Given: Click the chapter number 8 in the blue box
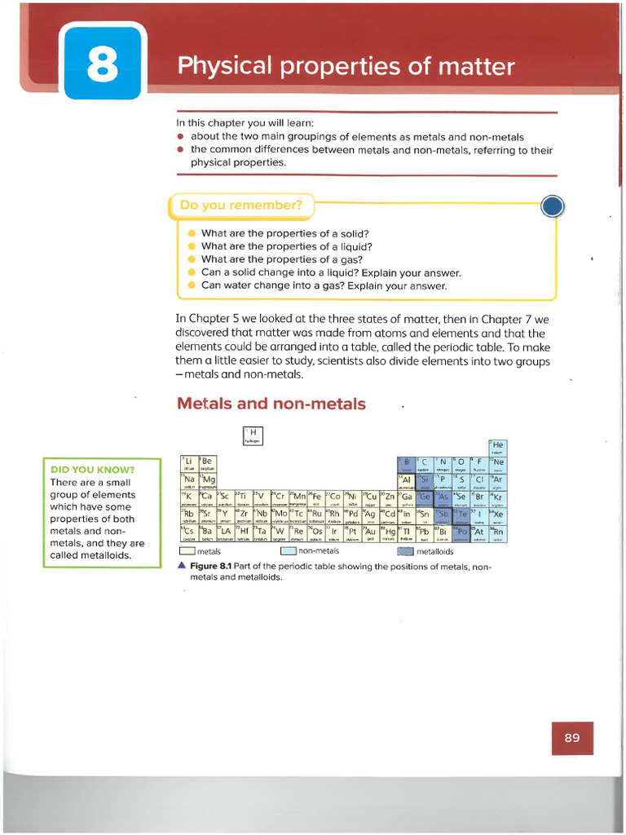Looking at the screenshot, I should (102, 66).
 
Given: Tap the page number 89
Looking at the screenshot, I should (571, 738).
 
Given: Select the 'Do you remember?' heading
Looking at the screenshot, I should (241, 206).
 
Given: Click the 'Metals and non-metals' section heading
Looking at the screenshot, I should (271, 404).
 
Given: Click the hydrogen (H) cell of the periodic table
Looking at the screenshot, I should (253, 435).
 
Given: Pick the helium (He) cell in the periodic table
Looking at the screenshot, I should (497, 447).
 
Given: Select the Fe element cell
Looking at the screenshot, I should (315, 498).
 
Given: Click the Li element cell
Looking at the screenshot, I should (188, 464).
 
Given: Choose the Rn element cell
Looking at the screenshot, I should (497, 534).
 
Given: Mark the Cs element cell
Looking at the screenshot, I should (188, 534).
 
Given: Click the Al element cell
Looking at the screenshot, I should (406, 481).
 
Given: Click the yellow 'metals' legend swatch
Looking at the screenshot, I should (187, 552).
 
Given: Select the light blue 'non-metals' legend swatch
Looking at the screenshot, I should (287, 552).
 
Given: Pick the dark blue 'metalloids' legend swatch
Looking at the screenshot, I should (405, 552).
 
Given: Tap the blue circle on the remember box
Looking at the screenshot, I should (553, 206).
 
